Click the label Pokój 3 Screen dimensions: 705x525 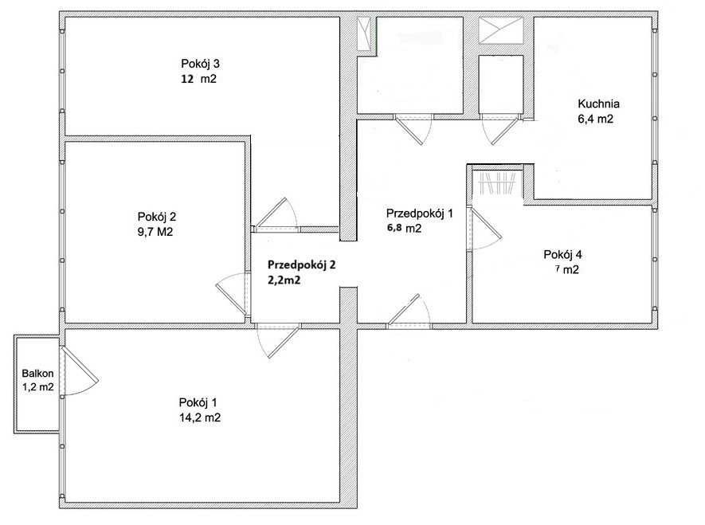(x=200, y=64)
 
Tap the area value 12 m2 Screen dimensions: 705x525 (x=198, y=79)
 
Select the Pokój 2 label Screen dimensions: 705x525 (x=157, y=217)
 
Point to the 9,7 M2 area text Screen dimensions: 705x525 (x=155, y=232)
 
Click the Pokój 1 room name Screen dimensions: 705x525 (x=198, y=402)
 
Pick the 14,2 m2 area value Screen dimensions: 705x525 (x=200, y=417)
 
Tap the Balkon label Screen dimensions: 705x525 (x=37, y=373)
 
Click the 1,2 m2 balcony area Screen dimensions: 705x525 (x=37, y=386)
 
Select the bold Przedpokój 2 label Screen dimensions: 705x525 (x=302, y=264)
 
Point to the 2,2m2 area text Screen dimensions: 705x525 (x=284, y=280)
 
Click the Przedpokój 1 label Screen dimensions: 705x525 (x=420, y=214)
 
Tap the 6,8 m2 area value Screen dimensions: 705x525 (x=404, y=229)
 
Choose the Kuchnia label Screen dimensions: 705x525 (x=598, y=104)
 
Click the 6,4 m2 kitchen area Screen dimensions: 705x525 (x=595, y=119)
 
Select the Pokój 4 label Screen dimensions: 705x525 (x=562, y=255)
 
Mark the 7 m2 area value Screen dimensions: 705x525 (x=567, y=270)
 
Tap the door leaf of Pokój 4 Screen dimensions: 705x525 (x=486, y=224)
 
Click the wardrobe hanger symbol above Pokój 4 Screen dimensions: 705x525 (x=498, y=183)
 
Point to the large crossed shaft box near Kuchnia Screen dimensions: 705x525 (x=501, y=30)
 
